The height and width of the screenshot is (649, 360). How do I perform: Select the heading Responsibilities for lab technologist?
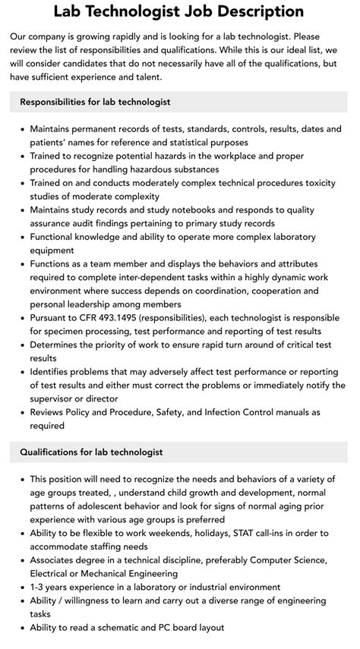point(95,101)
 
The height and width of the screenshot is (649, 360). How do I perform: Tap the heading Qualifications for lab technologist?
point(92,452)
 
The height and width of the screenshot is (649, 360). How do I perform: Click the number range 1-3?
point(39,587)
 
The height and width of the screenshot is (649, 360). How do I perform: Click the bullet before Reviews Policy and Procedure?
point(21,412)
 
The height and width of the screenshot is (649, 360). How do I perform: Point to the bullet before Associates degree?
point(21,560)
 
